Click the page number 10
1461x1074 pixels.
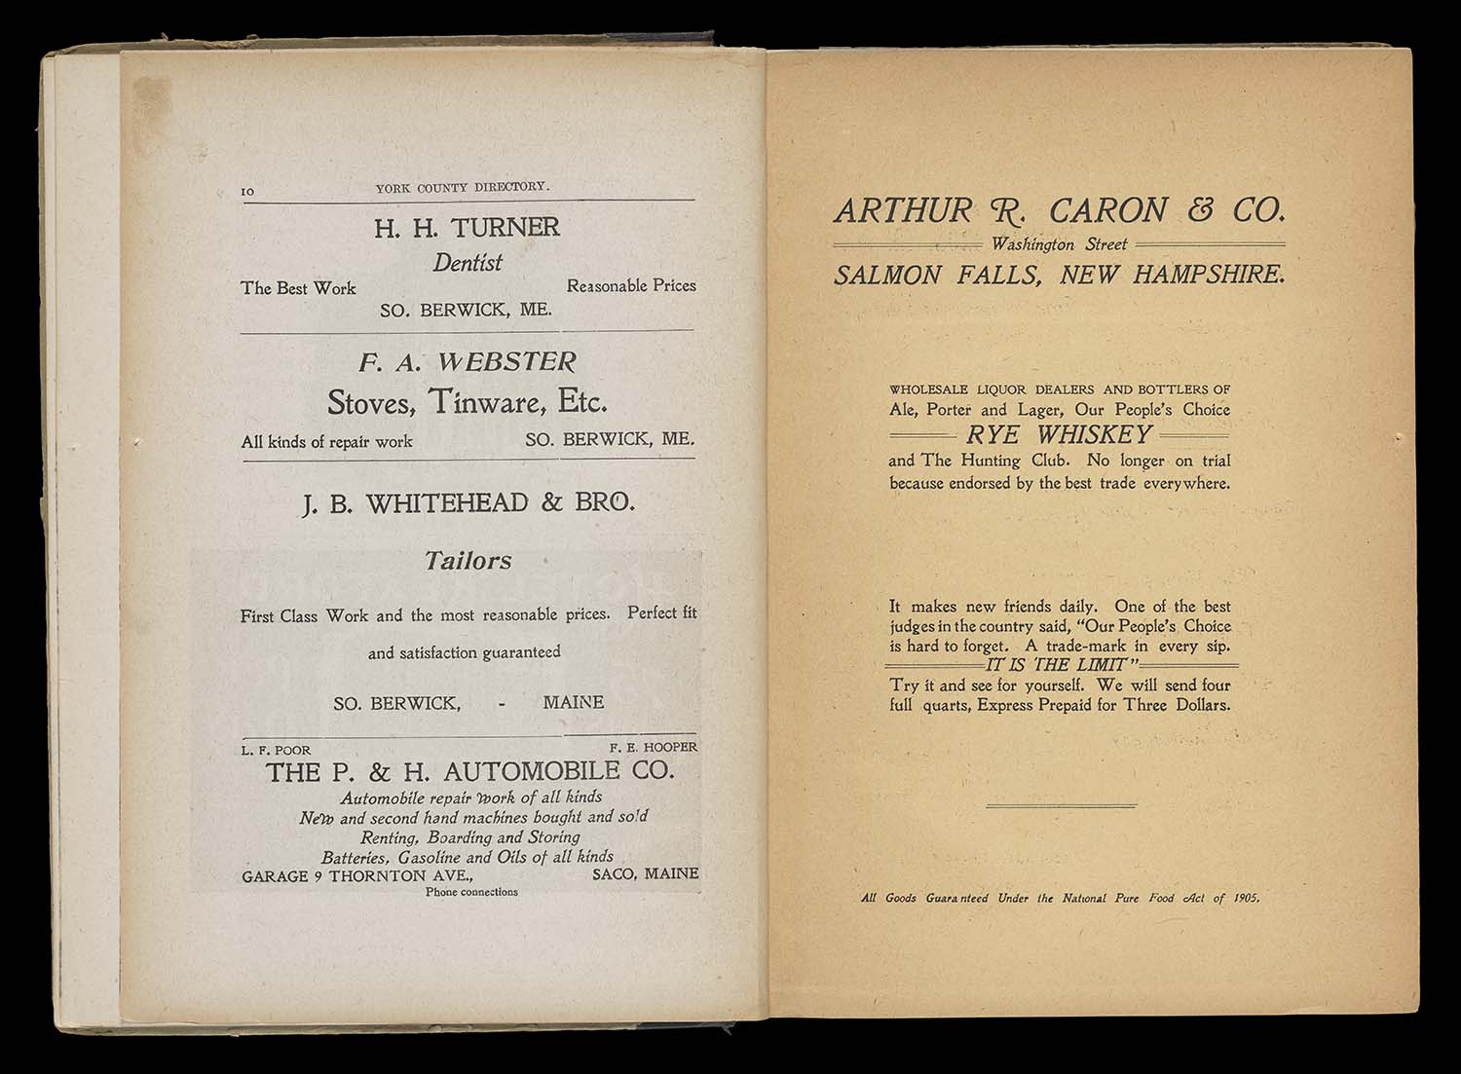coord(247,192)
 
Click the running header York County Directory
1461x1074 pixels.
coord(463,187)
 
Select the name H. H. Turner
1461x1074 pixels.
coord(468,228)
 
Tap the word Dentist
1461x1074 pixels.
coord(468,263)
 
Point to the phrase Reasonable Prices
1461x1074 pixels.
coord(631,286)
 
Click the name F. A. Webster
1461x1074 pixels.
coord(468,363)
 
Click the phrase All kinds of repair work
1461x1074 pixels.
coord(327,442)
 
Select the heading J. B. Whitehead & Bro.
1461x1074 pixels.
coord(468,503)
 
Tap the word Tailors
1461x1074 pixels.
coord(468,561)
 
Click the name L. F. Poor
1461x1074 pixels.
coord(277,751)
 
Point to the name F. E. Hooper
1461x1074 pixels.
coord(654,748)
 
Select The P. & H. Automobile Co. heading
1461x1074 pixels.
coord(469,773)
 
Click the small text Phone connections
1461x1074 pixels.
coord(471,892)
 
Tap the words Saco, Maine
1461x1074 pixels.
coord(645,874)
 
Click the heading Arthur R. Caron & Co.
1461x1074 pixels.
coord(1060,210)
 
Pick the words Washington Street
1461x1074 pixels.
coord(1059,244)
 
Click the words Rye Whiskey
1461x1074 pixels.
coord(1060,434)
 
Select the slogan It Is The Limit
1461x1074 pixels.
coord(1060,665)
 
